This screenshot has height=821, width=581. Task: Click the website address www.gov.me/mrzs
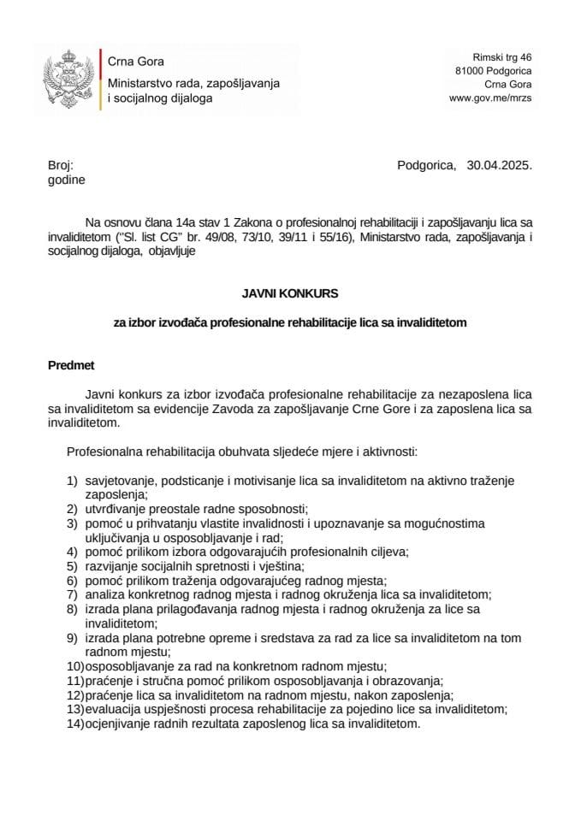coord(490,98)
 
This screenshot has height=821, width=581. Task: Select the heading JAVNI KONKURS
coord(290,292)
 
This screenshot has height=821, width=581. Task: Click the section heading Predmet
coord(70,366)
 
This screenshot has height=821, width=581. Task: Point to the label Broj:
coord(61,166)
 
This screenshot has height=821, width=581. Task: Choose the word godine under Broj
coord(66,180)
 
